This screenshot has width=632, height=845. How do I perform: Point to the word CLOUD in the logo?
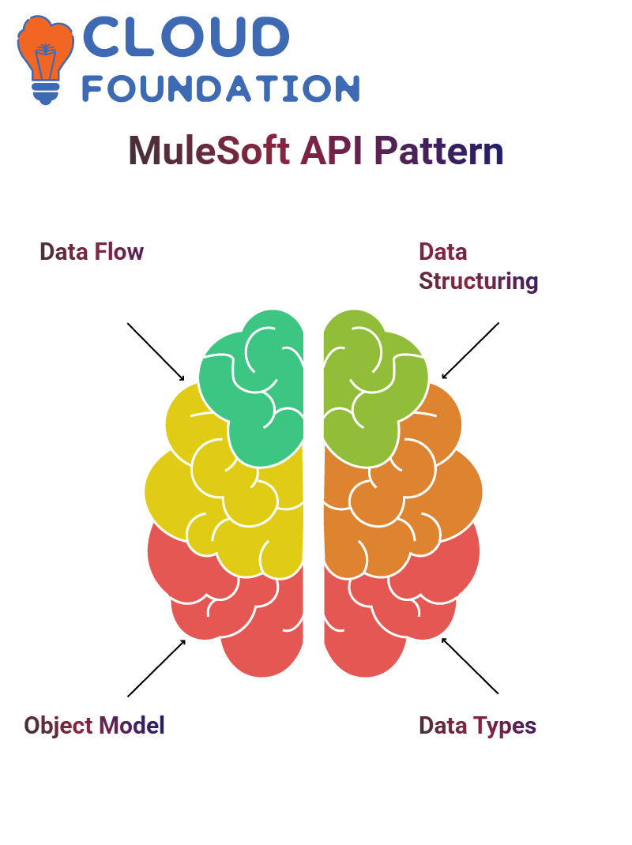(x=185, y=38)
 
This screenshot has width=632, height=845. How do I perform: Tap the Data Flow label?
(x=92, y=252)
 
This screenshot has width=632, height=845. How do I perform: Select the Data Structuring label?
(x=478, y=266)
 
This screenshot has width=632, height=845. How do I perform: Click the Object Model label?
(x=94, y=725)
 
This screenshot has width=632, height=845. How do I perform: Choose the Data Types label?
(x=477, y=725)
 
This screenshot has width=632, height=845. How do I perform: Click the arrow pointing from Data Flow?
(x=156, y=351)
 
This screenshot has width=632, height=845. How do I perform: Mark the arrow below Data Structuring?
(x=471, y=351)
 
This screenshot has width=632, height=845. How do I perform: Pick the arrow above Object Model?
(x=156, y=668)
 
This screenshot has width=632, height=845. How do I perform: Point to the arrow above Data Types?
(x=471, y=666)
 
